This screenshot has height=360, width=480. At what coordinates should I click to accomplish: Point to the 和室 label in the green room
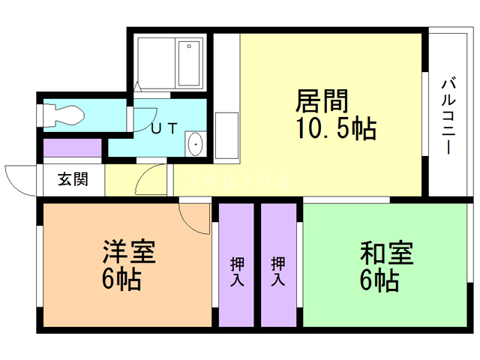pos(385,253)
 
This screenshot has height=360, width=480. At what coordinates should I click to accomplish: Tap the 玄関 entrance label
pos(73,180)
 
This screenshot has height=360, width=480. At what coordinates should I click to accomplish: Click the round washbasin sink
pos(195,143)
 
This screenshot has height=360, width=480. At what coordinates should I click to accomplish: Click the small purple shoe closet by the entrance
pos(72,148)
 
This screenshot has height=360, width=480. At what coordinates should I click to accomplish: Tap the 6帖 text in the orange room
pos(121,280)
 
